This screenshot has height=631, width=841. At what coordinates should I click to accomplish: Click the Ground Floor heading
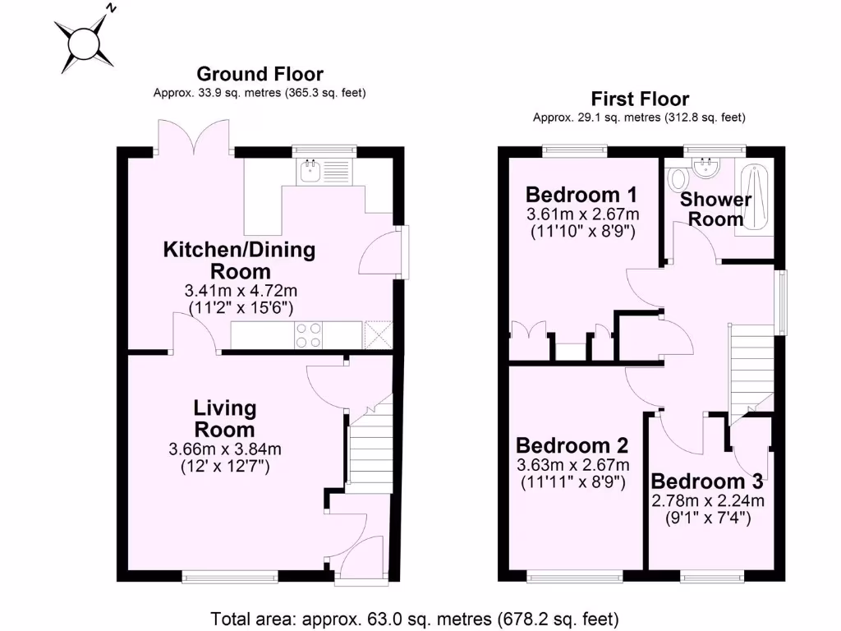coord(260,75)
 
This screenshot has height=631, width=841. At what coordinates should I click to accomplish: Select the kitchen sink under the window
coord(311,172)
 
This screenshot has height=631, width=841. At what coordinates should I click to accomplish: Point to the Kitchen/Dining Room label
coord(239,260)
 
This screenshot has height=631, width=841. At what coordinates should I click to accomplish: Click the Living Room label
coord(224,418)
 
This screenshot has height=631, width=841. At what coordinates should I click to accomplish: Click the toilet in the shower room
coord(678,177)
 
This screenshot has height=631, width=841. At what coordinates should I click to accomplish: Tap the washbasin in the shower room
coord(705,169)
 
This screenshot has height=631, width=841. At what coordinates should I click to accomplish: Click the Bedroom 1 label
coord(581,195)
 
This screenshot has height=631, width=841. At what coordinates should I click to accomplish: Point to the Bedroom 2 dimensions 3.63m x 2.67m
coord(572,465)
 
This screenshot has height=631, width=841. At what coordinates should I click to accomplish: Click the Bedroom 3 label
coord(707,481)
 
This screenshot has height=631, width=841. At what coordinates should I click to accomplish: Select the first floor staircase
coord(751,366)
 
